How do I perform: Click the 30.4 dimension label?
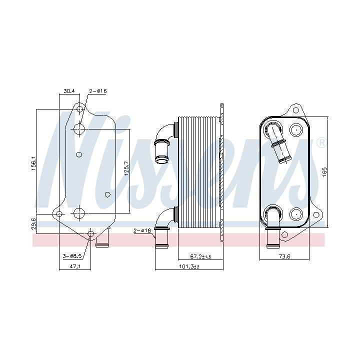click(69, 91)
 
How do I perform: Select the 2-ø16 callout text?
click(98, 91)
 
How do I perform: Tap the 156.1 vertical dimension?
click(33, 163)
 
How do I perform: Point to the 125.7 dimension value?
click(126, 168)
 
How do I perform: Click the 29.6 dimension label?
click(33, 223)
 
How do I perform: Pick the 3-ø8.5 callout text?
click(72, 255)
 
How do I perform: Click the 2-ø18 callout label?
click(142, 230)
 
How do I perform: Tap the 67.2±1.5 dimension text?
click(200, 256)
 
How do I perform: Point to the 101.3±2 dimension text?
click(189, 266)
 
